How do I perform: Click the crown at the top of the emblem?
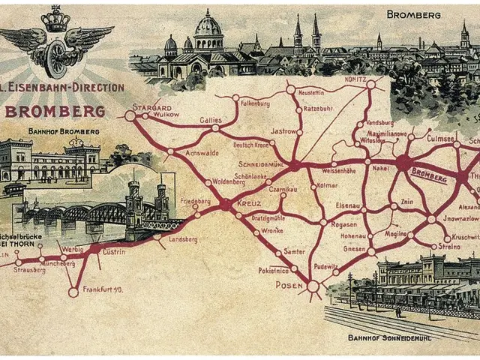[x=55, y=19]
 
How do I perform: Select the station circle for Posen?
[x=313, y=286]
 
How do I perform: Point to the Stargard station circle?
[x=130, y=116]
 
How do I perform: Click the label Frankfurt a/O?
[x=103, y=289]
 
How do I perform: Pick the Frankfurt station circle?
[x=73, y=292]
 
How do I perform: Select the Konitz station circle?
[x=370, y=85]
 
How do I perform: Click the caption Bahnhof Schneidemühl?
[x=389, y=337]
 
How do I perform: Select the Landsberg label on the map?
[x=183, y=240]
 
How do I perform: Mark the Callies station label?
[x=211, y=120]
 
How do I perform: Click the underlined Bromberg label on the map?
[x=430, y=176]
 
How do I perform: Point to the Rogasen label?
[x=344, y=224]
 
